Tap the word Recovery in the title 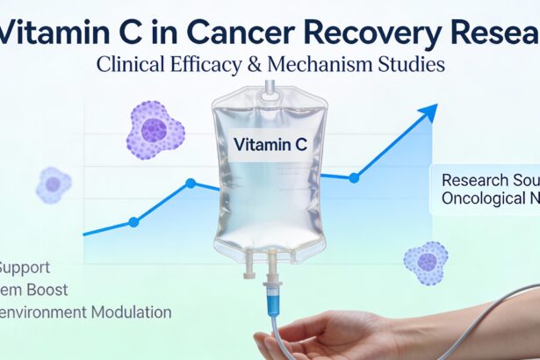pos(374,34)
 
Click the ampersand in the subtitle pos(278,65)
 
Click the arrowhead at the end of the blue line pos(430,111)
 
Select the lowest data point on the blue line pos(133,222)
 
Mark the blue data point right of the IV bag pos(354,177)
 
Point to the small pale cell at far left pos(54,184)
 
